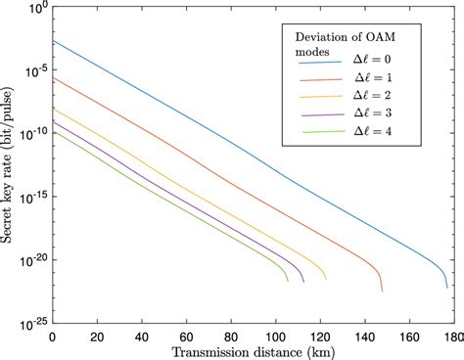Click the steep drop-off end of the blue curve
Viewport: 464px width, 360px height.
pyautogui.click(x=446, y=287)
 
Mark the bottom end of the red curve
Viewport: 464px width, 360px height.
pyautogui.click(x=381, y=291)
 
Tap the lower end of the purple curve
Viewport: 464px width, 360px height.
pyautogui.click(x=303, y=282)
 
